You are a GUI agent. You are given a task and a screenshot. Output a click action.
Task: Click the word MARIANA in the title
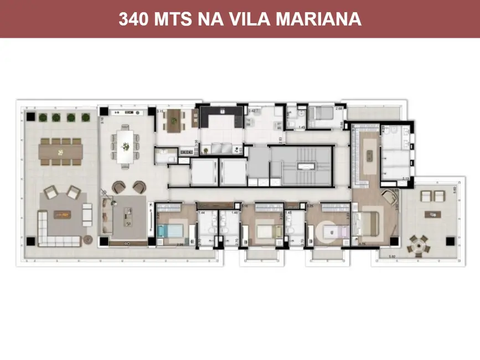(x=322, y=19)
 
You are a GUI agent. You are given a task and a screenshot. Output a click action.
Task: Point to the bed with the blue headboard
(x=172, y=230)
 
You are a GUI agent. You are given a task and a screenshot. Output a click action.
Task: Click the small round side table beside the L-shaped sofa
(x=87, y=239)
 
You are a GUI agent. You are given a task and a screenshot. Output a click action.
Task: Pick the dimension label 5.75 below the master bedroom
(x=362, y=244)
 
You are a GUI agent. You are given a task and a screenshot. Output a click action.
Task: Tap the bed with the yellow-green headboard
(x=269, y=229)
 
